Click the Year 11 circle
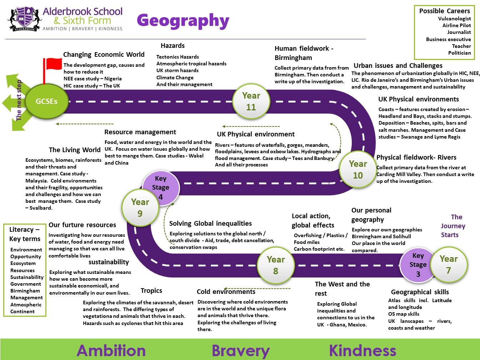(251, 101)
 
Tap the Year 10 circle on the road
(358, 169)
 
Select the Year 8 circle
(276, 265)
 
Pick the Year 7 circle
(449, 265)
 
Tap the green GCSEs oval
(47, 101)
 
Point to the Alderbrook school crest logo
(25, 19)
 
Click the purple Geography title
(183, 21)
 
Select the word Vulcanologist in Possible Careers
(454, 19)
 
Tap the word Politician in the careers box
(459, 53)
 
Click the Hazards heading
(172, 45)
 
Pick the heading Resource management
(140, 132)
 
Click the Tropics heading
(151, 291)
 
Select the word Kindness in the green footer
(362, 351)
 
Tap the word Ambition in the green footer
(111, 351)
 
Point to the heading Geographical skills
(420, 292)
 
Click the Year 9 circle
(140, 207)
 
